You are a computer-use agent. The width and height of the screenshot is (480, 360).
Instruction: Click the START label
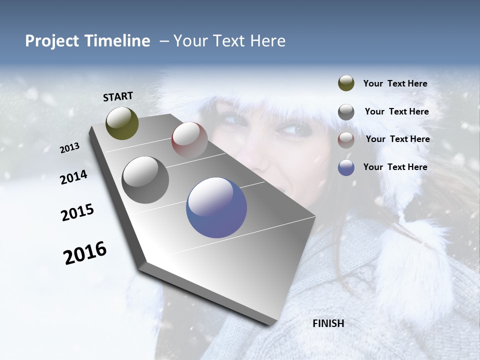[118, 96]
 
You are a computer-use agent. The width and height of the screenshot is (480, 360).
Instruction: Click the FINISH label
[328, 323]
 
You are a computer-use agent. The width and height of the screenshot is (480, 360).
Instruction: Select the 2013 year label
[69, 147]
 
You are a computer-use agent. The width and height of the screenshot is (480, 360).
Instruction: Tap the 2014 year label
[73, 177]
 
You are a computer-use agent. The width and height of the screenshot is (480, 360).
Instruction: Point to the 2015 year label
[77, 212]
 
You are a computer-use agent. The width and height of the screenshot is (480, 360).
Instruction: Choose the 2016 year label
[85, 252]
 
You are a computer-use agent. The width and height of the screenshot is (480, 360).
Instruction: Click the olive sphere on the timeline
[122, 123]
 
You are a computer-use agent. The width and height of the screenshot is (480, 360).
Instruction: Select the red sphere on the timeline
[189, 139]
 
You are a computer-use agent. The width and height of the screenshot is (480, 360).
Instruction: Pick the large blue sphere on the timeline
[216, 207]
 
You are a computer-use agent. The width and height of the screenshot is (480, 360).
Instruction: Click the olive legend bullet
[346, 83]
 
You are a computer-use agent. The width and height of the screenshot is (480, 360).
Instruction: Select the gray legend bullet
[346, 112]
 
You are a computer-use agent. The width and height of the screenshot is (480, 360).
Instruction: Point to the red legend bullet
[346, 140]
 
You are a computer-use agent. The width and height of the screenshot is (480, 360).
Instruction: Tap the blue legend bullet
[346, 168]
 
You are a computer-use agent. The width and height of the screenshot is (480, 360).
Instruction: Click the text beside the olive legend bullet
[395, 84]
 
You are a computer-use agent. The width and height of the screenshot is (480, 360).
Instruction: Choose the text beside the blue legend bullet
[395, 167]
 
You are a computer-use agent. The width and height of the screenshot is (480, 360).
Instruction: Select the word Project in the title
[52, 41]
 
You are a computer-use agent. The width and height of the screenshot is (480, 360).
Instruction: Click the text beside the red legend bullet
[397, 139]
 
